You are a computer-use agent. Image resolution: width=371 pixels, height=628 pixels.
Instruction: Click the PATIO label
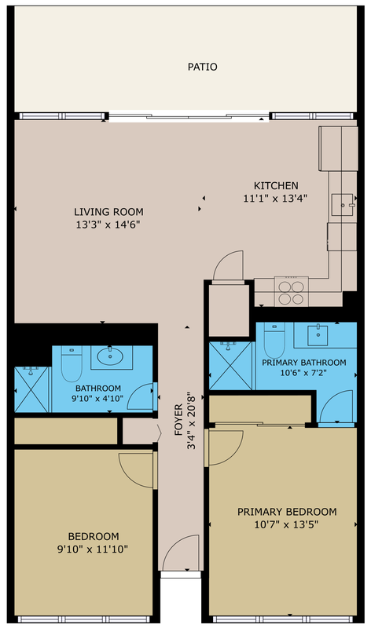(203, 67)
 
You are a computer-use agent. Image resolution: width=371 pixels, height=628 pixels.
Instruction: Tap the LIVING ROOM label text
(108, 211)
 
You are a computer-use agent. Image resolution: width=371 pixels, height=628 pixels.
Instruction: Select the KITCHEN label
(276, 186)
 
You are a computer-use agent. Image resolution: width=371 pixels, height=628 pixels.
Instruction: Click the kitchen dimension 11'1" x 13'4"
(275, 199)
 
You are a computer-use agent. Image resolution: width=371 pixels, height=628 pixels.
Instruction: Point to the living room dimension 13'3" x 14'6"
(108, 225)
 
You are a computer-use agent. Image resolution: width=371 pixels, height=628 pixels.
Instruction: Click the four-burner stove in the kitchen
(291, 292)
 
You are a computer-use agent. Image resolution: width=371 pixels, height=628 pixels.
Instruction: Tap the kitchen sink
(343, 205)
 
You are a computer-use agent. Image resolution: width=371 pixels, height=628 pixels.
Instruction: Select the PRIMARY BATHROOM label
(304, 363)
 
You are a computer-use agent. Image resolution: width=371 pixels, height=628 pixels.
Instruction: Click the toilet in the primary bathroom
(274, 341)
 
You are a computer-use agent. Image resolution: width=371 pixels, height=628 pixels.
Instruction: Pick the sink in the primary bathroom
(318, 335)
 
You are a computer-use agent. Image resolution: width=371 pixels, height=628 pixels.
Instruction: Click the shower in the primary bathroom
(230, 366)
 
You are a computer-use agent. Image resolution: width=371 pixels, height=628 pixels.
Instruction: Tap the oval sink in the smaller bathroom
(112, 356)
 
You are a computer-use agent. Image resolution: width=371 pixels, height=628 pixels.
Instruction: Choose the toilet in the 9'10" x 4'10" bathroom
(72, 363)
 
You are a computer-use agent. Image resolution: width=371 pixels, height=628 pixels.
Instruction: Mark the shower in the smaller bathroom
(31, 389)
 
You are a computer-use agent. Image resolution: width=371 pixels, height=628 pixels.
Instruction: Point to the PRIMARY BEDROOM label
(287, 512)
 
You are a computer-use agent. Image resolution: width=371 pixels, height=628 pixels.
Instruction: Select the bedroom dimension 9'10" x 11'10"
(93, 549)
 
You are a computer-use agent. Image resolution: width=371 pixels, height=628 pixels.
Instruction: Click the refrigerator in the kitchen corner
(338, 148)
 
